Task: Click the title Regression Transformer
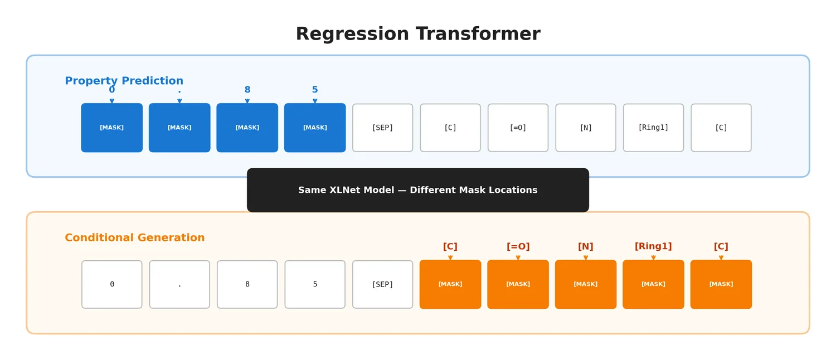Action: [417, 34]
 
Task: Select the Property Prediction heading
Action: [124, 81]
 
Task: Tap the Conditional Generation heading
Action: [134, 238]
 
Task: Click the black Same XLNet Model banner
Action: [417, 190]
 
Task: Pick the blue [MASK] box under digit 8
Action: [247, 128]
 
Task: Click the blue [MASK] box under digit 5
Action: [315, 128]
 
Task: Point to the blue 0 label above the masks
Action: [111, 90]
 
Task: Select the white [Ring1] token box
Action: [653, 128]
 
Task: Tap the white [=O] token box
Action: [518, 128]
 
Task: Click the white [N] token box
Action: [586, 128]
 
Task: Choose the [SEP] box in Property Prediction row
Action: [382, 128]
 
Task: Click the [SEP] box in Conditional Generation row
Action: [382, 284]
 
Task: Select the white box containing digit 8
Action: [247, 284]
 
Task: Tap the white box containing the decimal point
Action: [179, 284]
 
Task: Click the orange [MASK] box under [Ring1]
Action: [653, 284]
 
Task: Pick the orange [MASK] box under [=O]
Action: [518, 284]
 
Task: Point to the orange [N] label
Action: [586, 247]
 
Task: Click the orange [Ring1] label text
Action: [653, 246]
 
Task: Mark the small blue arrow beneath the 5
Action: [315, 101]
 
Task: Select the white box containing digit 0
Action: [111, 284]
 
